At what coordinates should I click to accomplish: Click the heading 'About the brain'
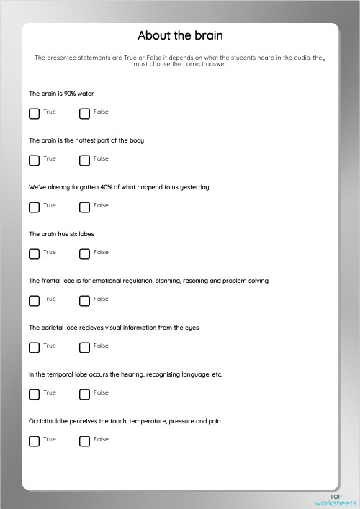coord(180,36)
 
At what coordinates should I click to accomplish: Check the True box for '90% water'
coord(34,113)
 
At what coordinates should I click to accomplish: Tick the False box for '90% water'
coord(84,113)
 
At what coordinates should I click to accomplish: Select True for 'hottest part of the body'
coord(34,160)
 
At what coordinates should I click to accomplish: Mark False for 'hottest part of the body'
coord(84,160)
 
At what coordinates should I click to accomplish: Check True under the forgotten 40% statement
coord(34,207)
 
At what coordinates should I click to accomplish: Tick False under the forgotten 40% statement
coord(84,207)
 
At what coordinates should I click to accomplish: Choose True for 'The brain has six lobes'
coord(34,253)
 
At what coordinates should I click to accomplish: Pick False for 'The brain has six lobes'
coord(84,253)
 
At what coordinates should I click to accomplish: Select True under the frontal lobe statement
coord(34,300)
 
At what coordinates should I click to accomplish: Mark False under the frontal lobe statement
coord(84,300)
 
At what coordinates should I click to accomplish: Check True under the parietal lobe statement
coord(34,347)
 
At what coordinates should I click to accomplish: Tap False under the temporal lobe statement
coord(84,394)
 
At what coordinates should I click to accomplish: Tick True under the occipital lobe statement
coord(34,441)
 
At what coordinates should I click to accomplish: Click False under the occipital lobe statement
coord(84,441)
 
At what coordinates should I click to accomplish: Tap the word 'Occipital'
coord(42,421)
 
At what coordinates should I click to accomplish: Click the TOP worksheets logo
coord(336,499)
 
